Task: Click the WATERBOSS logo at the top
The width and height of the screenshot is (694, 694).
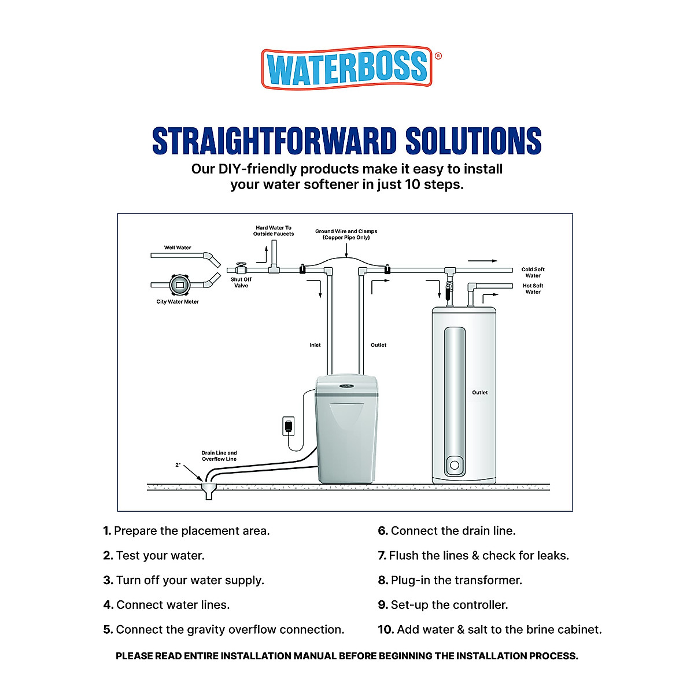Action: click(x=347, y=68)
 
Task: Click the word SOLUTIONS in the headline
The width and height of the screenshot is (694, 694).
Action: click(x=473, y=141)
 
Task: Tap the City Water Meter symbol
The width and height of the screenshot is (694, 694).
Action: click(x=179, y=285)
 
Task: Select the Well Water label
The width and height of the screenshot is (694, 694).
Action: click(x=178, y=248)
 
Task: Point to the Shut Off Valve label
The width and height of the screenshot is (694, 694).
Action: click(x=241, y=282)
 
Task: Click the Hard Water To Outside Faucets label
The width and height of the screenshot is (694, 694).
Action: click(x=274, y=231)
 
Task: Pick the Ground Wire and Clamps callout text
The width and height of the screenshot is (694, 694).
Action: click(x=346, y=234)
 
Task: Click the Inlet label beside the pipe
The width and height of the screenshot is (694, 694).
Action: click(x=315, y=345)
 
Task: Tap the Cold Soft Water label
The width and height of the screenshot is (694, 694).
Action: click(x=533, y=272)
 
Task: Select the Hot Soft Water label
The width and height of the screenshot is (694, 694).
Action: click(x=533, y=289)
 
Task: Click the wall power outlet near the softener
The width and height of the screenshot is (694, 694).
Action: click(x=288, y=426)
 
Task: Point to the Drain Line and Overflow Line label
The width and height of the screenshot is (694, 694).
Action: click(x=219, y=456)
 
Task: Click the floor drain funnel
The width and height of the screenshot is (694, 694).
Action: click(x=209, y=492)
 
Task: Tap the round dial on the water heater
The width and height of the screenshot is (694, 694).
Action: click(x=455, y=465)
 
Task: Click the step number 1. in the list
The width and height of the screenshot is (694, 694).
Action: click(x=107, y=531)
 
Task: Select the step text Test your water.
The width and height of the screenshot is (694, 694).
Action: click(x=160, y=556)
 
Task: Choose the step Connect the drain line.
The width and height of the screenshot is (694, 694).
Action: click(x=453, y=531)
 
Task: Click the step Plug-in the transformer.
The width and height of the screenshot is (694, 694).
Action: click(x=456, y=580)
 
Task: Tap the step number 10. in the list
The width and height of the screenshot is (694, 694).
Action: click(x=386, y=630)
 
